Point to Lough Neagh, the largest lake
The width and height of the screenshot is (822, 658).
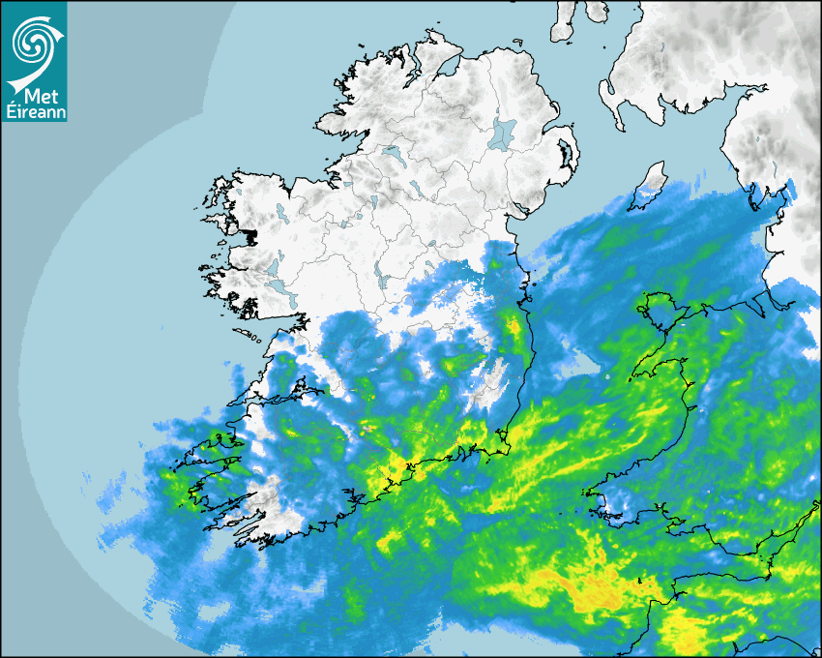click(x=504, y=133)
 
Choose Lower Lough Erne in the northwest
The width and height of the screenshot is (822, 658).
click(x=393, y=153)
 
